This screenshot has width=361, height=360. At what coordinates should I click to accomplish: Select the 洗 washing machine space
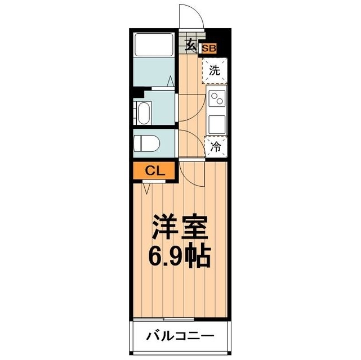pyautogui.click(x=215, y=71)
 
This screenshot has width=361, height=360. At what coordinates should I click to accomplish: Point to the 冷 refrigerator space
pyautogui.click(x=216, y=147)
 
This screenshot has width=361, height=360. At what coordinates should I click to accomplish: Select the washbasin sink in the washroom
pyautogui.click(x=143, y=112)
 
